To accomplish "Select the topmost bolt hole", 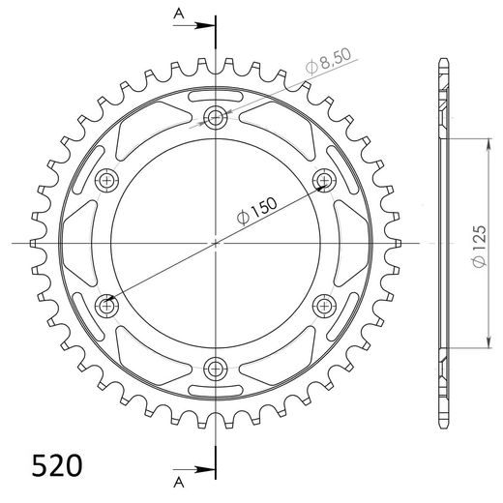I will tap(215, 118).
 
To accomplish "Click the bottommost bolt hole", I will tap(215, 368).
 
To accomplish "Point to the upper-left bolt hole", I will tap(106, 180).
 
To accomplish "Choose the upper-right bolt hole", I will tap(323, 180).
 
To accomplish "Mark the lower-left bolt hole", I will tap(106, 306).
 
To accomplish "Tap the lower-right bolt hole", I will tap(323, 306).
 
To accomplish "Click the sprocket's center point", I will tap(215, 243).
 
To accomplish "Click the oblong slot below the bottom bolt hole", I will tap(215, 389).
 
